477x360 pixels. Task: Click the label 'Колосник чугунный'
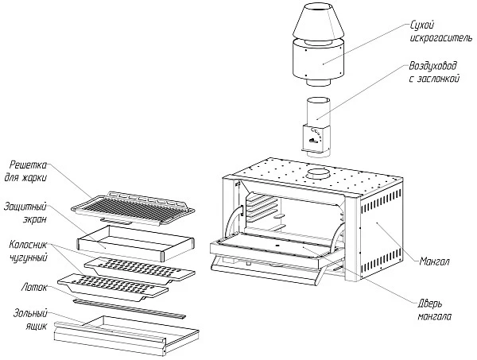pos(32,250)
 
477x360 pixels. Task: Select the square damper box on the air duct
pos(315,138)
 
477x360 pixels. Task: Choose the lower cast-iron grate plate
pos(119,282)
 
